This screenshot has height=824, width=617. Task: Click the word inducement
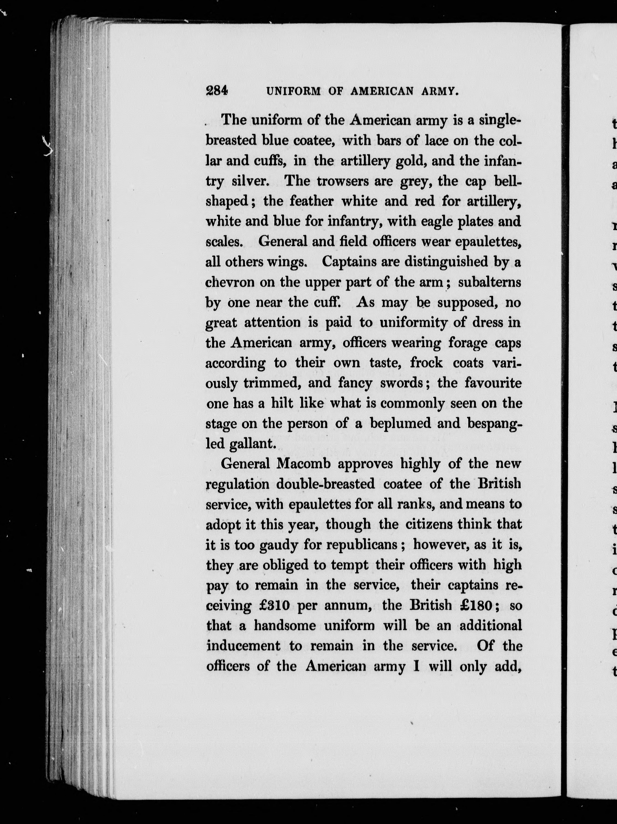pyautogui.click(x=243, y=646)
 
